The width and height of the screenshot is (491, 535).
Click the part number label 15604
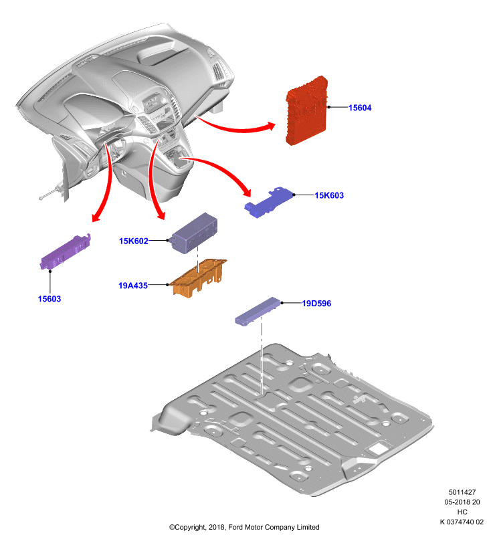pyautogui.click(x=360, y=108)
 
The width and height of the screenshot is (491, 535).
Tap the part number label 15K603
pyautogui.click(x=329, y=195)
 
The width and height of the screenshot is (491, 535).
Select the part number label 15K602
pyautogui.click(x=133, y=241)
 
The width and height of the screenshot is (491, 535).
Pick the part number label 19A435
pyautogui.click(x=133, y=286)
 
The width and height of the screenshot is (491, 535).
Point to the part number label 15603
pyautogui.click(x=50, y=299)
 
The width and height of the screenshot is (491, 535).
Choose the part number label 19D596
pyautogui.click(x=316, y=304)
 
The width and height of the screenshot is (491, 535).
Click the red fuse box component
pyautogui.click(x=306, y=110)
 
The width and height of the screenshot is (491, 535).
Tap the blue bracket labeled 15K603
pyautogui.click(x=268, y=202)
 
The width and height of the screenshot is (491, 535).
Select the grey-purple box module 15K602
pyautogui.click(x=194, y=233)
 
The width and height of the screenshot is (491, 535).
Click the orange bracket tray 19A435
pyautogui.click(x=198, y=278)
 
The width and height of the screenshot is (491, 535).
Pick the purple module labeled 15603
pyautogui.click(x=66, y=252)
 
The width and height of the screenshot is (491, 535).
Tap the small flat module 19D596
pyautogui.click(x=258, y=311)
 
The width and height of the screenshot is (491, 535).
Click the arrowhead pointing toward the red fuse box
pyautogui.click(x=272, y=126)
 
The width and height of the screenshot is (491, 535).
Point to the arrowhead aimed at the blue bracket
pyautogui.click(x=247, y=192)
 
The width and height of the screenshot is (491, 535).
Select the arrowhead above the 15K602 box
pyautogui.click(x=161, y=215)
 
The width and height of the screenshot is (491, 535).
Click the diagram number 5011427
pyautogui.click(x=462, y=492)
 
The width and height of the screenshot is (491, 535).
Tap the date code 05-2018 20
pyautogui.click(x=462, y=502)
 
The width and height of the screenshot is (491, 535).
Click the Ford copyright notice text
pyautogui.click(x=244, y=527)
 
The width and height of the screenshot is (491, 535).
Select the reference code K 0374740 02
pyautogui.click(x=462, y=522)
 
